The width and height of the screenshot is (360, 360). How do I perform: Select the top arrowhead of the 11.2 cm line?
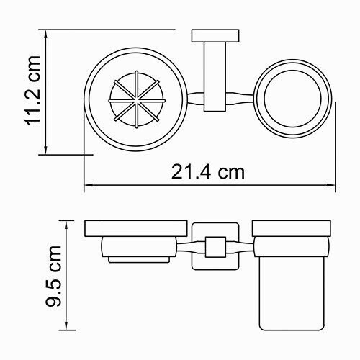pos(45,33)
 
